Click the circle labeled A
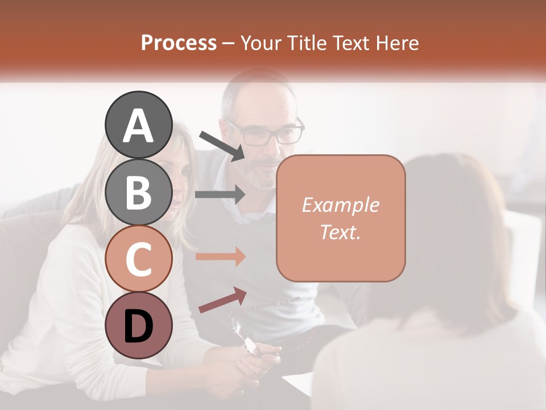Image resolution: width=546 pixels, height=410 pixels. coord(138,125)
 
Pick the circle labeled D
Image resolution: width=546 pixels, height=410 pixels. coord(138,325)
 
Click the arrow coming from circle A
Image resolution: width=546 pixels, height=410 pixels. coord(222,145)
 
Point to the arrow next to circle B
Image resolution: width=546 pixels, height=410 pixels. coord(220,194)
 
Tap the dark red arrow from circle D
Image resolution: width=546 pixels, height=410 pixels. coord(222,300)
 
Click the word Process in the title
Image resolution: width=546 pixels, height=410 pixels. coord(179,43)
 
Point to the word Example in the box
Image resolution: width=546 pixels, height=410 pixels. coord(340,205)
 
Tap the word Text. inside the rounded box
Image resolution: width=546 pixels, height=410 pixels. coord(340,232)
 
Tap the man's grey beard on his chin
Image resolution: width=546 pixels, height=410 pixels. coord(263,181)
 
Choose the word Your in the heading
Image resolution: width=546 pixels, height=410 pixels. coord(261,43)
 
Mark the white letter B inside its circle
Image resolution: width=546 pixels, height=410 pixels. coord(138,192)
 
